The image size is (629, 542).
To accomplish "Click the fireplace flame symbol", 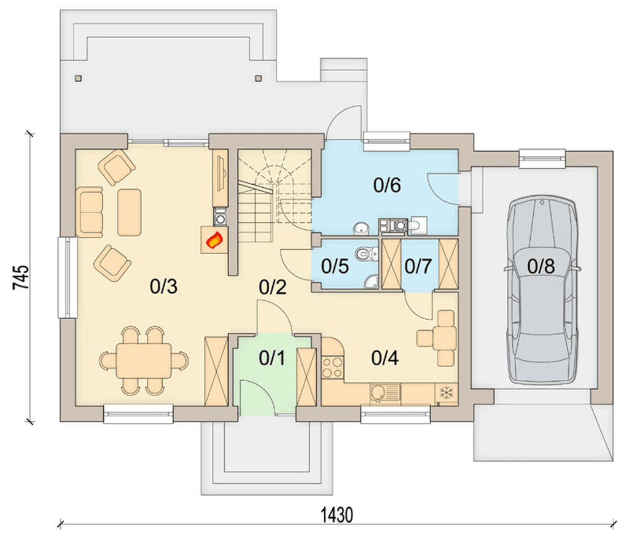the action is point(214,241).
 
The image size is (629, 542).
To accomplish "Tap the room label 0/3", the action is point(163,287).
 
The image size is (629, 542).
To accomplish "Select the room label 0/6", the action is point(387,185).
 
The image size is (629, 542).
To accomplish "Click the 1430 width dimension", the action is point(337,515).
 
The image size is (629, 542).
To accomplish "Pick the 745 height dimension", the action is point(21,277).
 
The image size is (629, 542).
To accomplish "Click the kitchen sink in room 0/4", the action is point(385,393).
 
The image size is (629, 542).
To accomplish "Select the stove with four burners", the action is point(332,368).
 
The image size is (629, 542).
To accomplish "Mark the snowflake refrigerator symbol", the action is point(447,392).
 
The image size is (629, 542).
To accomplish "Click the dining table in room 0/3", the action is point(144,360).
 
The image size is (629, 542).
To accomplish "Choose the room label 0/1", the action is point(272,358).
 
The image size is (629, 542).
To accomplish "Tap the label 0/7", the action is point(418,266).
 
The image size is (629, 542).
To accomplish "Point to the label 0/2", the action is point(273,287).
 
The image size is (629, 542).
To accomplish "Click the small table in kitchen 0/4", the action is point(445,338).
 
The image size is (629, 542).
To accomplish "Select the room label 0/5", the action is point(335,266).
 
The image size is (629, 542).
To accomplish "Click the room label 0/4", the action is point(385,358).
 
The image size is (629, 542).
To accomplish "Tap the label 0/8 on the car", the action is point(541,266).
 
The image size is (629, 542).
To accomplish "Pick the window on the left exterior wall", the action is point(68,278).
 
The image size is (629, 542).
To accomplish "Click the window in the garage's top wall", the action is point(542,158).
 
